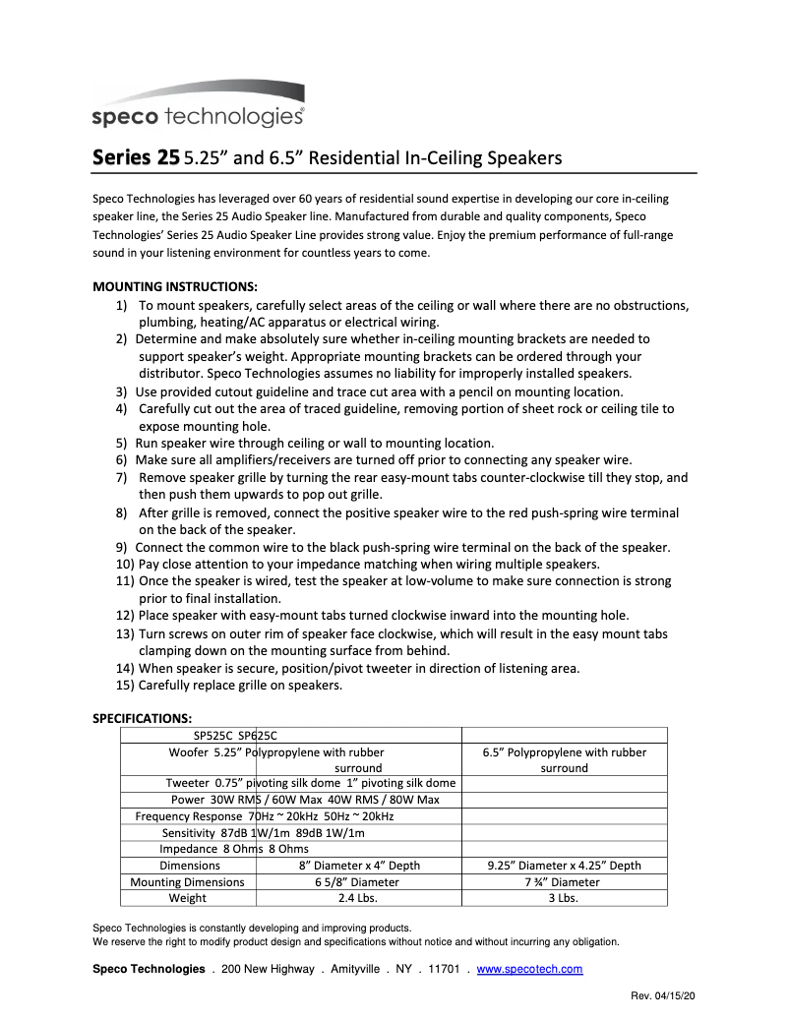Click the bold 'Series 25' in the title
(x=136, y=157)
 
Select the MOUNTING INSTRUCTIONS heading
(x=174, y=287)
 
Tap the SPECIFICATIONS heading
(x=142, y=718)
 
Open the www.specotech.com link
(x=529, y=969)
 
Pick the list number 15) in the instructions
(x=125, y=686)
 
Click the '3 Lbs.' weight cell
(x=564, y=898)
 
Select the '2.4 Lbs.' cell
(x=359, y=898)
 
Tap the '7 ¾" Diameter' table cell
(x=564, y=882)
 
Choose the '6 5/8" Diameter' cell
(x=359, y=882)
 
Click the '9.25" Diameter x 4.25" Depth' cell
(x=564, y=866)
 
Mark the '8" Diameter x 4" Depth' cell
(x=359, y=866)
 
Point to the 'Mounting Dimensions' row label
(x=187, y=882)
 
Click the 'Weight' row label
(x=187, y=898)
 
